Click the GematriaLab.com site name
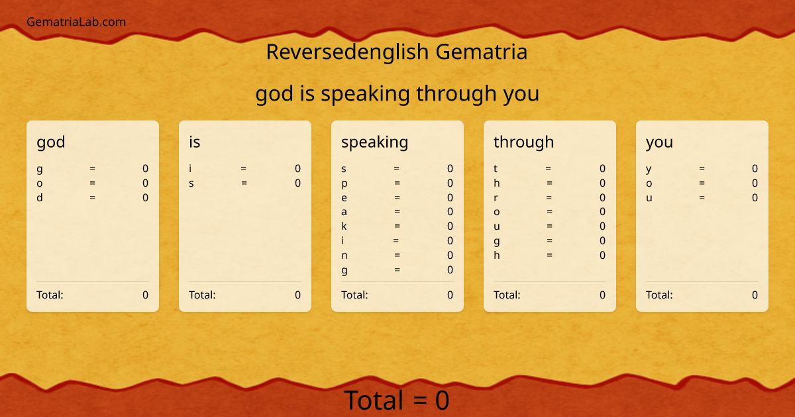point(76,22)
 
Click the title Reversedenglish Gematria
point(396,52)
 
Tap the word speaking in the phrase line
point(365,94)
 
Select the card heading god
point(51,142)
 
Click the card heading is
point(194,142)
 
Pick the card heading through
point(523,142)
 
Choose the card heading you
point(659,142)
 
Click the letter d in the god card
point(40,197)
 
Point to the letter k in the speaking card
point(344,226)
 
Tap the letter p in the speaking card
point(344,183)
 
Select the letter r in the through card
point(496,197)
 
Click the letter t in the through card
point(496,169)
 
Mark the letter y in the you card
point(649,169)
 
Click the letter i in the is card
point(191,169)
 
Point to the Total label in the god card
point(50,295)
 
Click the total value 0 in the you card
point(755,295)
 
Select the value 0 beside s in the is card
point(297,183)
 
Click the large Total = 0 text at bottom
point(396,400)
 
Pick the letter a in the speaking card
point(344,212)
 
